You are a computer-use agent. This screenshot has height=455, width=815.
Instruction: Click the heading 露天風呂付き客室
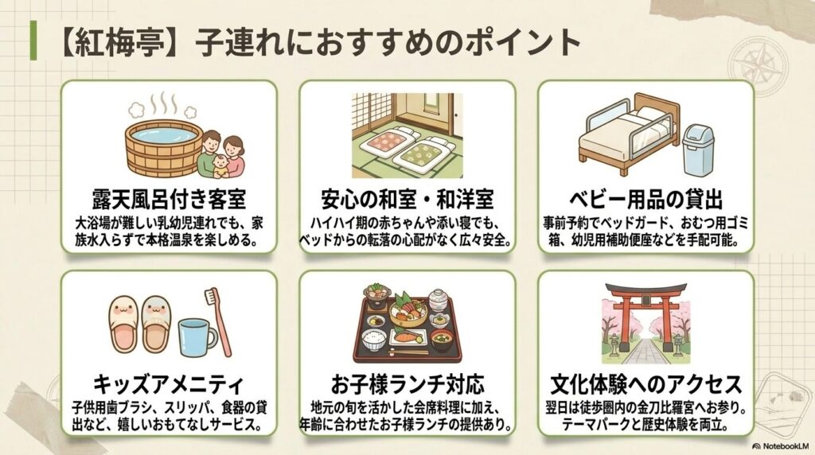click(x=169, y=199)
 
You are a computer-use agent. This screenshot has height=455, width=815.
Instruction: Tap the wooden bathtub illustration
click(x=164, y=149)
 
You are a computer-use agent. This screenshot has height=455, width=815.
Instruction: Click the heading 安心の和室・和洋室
click(x=407, y=199)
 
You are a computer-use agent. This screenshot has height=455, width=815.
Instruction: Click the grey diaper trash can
click(x=697, y=150)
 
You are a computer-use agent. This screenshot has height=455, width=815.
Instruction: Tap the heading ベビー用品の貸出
click(x=646, y=199)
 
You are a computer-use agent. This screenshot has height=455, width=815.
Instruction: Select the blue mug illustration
click(x=197, y=337)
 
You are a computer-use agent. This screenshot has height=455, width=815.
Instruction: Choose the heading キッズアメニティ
click(x=169, y=385)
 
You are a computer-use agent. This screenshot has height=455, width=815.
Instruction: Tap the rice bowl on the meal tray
click(x=373, y=340)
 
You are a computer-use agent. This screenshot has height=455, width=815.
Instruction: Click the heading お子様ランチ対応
click(x=407, y=385)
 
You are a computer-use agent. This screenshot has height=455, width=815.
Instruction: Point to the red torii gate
click(x=646, y=312)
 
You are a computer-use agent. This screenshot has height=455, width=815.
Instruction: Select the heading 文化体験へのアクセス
click(x=646, y=385)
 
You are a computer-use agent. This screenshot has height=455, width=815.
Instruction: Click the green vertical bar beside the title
click(x=33, y=41)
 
